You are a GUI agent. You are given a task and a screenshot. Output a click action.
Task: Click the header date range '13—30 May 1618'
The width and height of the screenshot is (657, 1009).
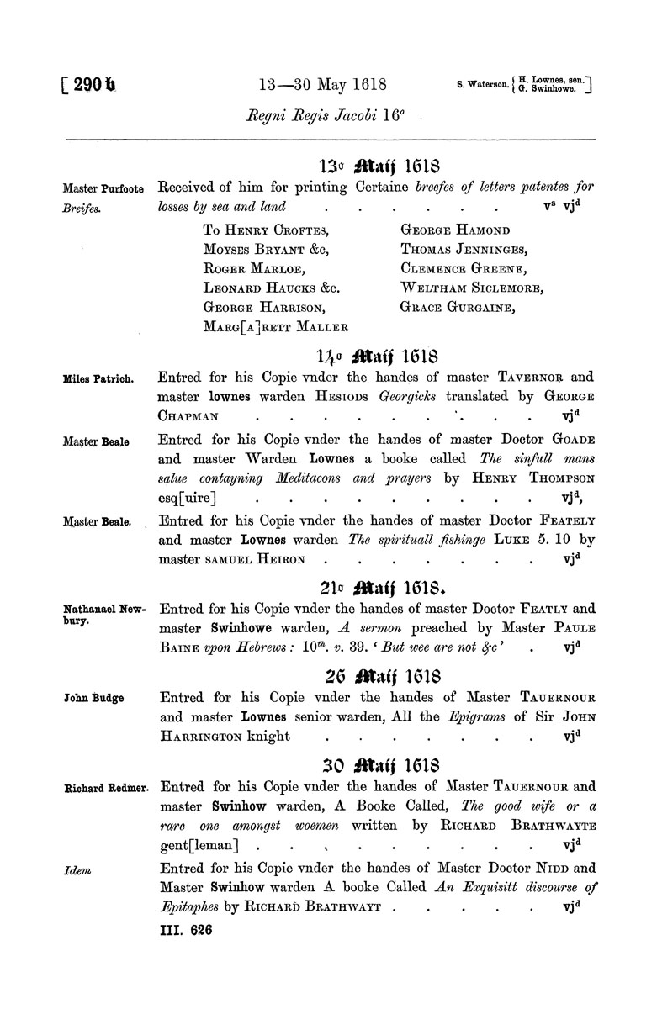pos(323,84)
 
